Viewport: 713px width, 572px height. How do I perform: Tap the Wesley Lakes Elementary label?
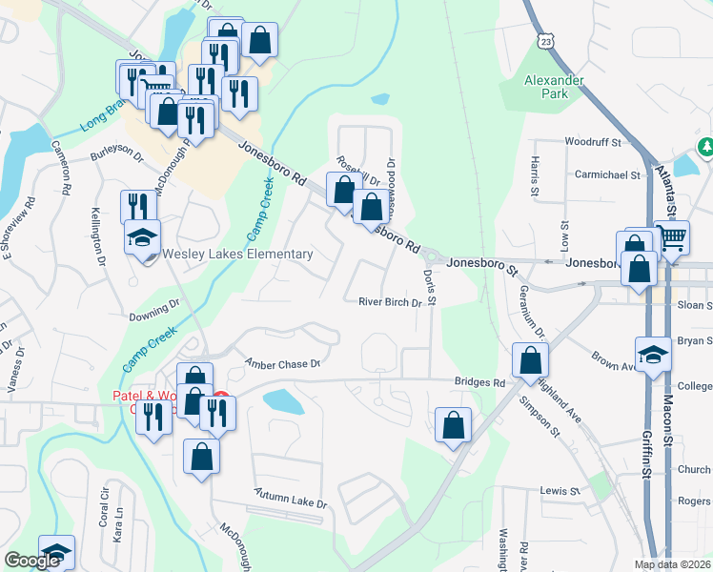(237, 255)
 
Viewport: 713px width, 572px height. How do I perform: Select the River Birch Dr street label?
(390, 303)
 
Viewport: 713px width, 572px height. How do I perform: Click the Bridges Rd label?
(479, 382)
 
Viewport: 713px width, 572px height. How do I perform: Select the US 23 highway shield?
(545, 41)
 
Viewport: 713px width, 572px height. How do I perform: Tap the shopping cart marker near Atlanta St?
(672, 237)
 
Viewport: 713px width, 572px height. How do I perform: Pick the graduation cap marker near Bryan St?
(653, 354)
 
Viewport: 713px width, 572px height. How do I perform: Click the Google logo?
(31, 561)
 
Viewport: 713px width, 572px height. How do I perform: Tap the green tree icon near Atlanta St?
(706, 147)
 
